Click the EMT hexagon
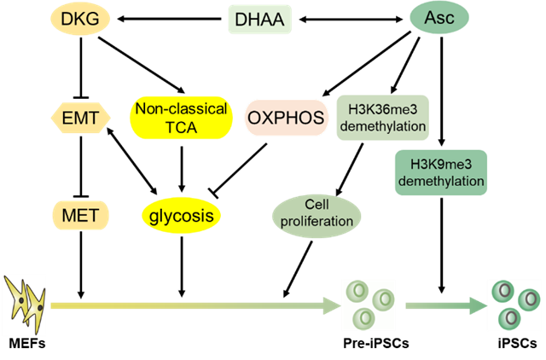(81, 118)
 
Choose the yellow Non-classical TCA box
(181, 118)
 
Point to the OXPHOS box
(287, 118)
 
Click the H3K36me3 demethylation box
(381, 118)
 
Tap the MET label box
(80, 215)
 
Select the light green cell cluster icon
(368, 305)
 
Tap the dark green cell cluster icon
(514, 305)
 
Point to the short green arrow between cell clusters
(441, 305)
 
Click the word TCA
(181, 126)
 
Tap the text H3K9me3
(441, 163)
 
